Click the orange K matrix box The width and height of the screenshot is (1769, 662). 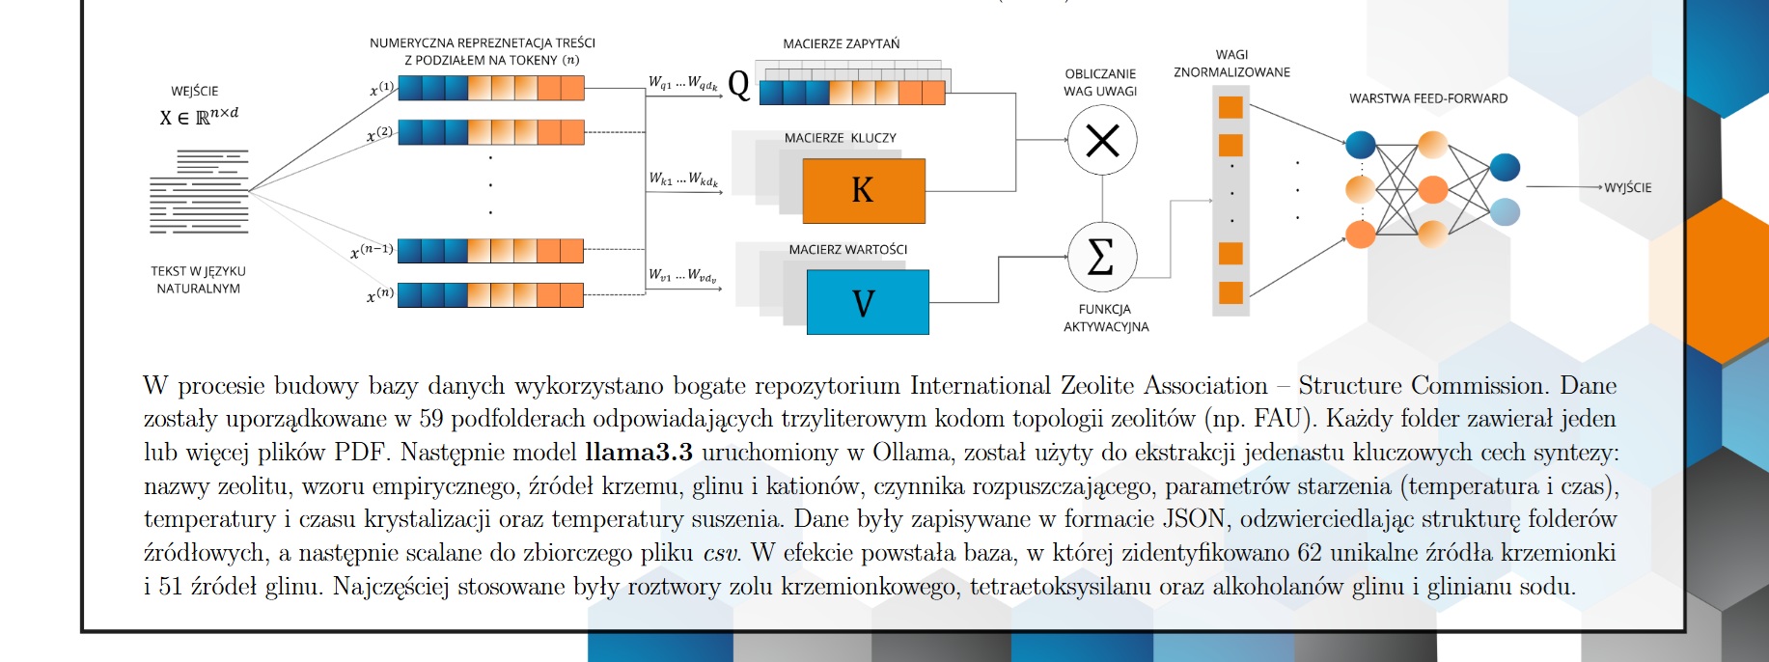(863, 190)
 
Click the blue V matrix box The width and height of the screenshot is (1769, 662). (867, 302)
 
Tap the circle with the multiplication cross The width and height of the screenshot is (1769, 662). (1102, 141)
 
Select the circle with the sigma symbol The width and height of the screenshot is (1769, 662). (1102, 258)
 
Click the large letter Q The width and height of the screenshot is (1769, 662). (738, 85)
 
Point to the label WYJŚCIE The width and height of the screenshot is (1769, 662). (1627, 187)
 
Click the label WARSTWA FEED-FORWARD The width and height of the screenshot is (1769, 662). (1427, 98)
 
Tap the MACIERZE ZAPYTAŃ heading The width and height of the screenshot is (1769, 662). (841, 44)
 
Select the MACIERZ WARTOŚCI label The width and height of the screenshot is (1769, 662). (847, 250)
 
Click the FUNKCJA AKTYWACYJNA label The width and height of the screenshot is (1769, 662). (1105, 317)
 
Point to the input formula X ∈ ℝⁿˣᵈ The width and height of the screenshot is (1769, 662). (199, 117)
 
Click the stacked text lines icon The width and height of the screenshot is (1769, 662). (199, 192)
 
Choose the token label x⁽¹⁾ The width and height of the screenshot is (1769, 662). (381, 90)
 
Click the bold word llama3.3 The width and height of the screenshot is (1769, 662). (638, 453)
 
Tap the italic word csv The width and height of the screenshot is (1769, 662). (720, 553)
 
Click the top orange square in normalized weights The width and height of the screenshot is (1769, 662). (1230, 107)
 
